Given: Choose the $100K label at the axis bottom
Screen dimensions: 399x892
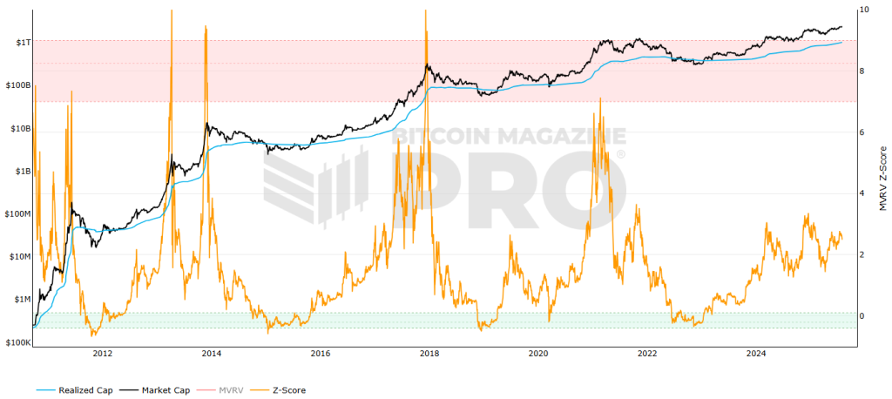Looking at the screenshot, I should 17,342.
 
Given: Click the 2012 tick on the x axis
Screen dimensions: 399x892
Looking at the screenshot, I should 102,354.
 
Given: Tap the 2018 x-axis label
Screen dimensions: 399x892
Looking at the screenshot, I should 429,354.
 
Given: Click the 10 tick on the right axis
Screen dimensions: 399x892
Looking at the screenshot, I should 863,10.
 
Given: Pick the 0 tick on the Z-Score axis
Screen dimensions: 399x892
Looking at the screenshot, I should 862,315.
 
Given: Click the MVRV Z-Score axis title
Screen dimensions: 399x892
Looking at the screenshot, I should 882,179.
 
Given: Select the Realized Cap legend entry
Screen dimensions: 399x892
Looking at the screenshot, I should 78,389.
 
